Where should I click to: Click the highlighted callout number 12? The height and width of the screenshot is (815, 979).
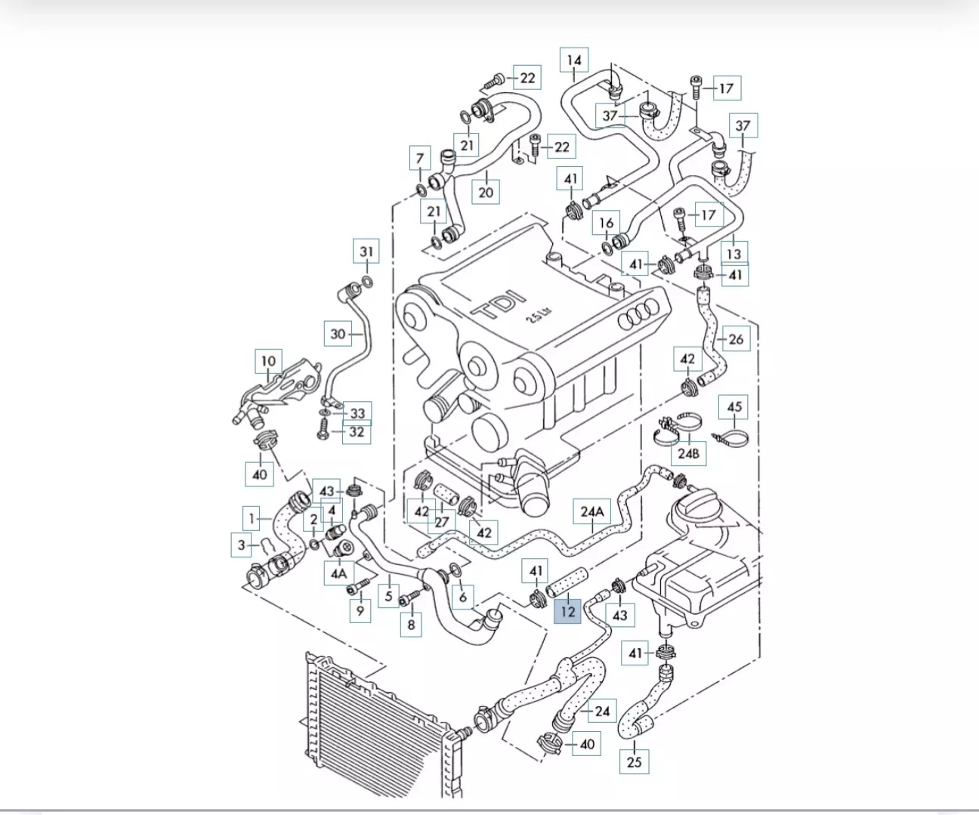pos(567,611)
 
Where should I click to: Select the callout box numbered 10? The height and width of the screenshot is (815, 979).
pos(268,361)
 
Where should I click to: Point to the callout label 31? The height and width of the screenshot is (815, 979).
pos(366,252)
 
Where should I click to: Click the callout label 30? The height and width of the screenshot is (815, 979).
pos(338,333)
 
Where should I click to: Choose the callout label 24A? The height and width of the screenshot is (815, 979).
pos(592,511)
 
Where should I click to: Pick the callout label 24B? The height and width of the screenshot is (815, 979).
pos(688,453)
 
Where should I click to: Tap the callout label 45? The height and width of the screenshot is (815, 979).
pos(734,407)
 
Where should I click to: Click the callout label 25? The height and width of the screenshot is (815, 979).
pos(635,761)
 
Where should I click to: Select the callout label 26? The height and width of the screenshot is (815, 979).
pos(736,339)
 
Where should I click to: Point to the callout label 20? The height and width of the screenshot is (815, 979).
pos(486,192)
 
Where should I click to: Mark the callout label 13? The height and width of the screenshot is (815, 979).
pos(733,253)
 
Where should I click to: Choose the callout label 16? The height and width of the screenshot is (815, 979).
pos(606,223)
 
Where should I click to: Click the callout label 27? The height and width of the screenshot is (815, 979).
pos(442,521)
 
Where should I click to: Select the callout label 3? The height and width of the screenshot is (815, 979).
pos(241,545)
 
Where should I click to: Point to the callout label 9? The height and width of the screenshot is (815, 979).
pos(360,610)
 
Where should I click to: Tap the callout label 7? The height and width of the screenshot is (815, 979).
pos(420,159)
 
